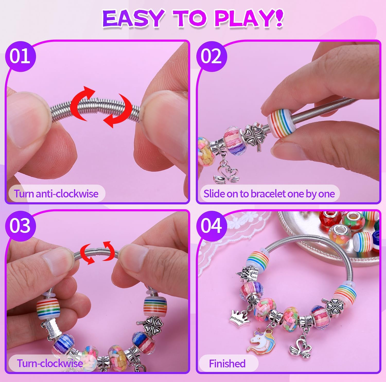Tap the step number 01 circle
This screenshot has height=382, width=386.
click(x=20, y=56)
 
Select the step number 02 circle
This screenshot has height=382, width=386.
click(x=211, y=56)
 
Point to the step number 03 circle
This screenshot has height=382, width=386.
click(x=20, y=226)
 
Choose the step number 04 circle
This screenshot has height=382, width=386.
click(x=211, y=226)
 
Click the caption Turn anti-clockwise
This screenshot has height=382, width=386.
click(x=56, y=194)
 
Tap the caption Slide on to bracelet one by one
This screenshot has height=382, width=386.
click(x=269, y=194)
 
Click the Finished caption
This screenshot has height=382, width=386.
click(x=227, y=363)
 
